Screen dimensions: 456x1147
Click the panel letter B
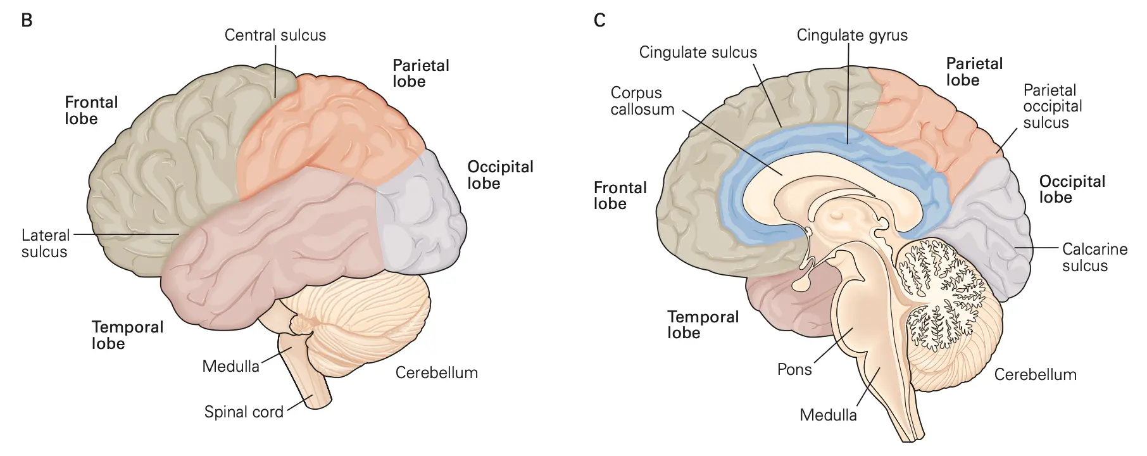(27, 20)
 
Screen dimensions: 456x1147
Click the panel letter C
(599, 20)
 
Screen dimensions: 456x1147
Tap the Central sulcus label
(275, 35)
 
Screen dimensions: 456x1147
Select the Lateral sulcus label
(44, 244)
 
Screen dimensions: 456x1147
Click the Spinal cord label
(244, 412)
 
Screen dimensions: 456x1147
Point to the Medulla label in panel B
(230, 366)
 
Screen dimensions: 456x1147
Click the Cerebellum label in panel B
(436, 372)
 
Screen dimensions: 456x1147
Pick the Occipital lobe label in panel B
(500, 175)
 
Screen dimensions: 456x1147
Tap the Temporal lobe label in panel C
(703, 325)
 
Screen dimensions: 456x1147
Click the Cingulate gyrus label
(851, 35)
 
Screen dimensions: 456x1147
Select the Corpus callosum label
(642, 101)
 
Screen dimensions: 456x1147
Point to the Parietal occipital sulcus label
(1052, 106)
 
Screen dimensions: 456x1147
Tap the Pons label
(794, 369)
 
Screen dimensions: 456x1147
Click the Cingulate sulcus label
(698, 52)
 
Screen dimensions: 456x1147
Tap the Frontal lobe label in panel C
(620, 196)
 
